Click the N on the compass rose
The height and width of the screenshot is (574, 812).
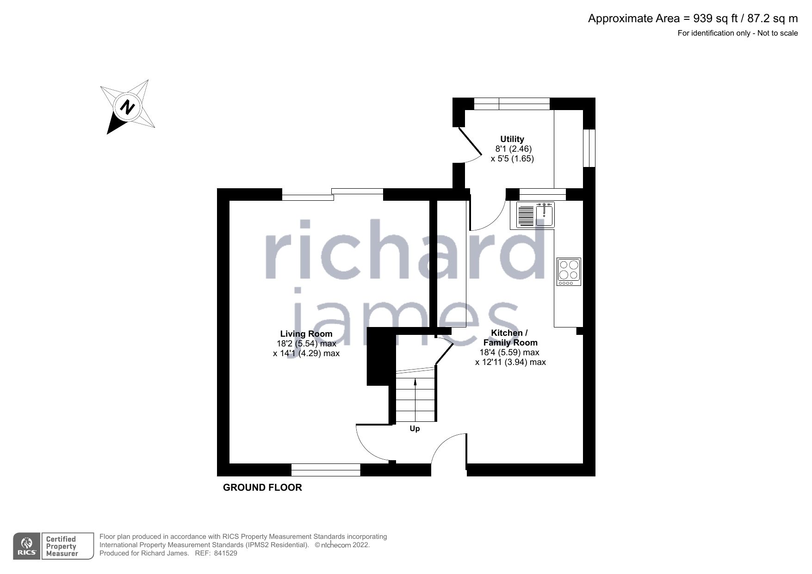(x=127, y=107)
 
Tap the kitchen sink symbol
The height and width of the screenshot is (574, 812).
(x=536, y=216)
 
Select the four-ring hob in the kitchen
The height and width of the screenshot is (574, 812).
(x=569, y=272)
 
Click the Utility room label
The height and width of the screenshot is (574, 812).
(x=512, y=139)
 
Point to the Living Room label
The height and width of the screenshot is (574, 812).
(x=306, y=333)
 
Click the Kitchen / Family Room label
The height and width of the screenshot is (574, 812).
(x=510, y=338)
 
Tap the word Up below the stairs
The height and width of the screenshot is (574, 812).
(x=415, y=429)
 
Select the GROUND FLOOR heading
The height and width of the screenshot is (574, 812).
(x=262, y=488)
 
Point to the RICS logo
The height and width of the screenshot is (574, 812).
(x=27, y=546)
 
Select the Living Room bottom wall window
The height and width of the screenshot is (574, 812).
(x=326, y=470)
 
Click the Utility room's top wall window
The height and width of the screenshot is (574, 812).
(x=512, y=104)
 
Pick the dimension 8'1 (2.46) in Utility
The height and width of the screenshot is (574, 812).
(x=513, y=149)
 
